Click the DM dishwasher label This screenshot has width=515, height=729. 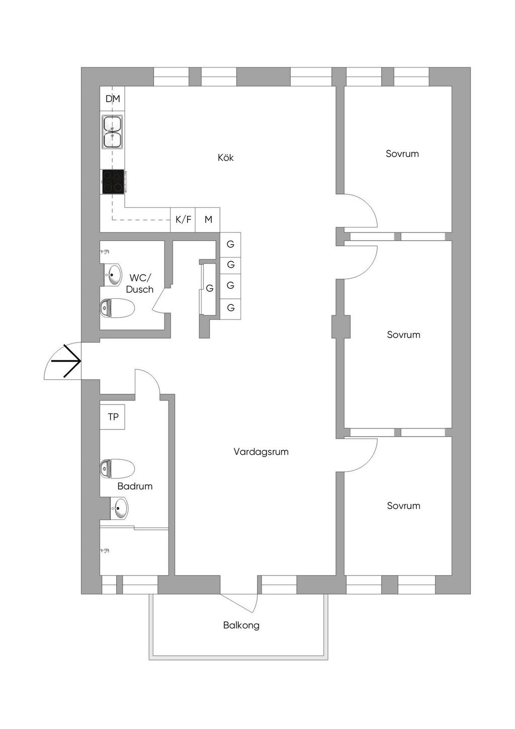pyautogui.click(x=113, y=99)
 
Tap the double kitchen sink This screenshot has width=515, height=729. pyautogui.click(x=113, y=132)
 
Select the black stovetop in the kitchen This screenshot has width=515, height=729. pyautogui.click(x=113, y=182)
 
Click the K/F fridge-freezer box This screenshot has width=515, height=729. pyautogui.click(x=183, y=220)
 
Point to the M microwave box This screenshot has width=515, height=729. pyautogui.click(x=208, y=220)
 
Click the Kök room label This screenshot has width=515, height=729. pyautogui.click(x=226, y=157)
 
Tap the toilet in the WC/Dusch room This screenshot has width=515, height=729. pyautogui.click(x=118, y=308)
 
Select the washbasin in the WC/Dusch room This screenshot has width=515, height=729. pyautogui.click(x=114, y=275)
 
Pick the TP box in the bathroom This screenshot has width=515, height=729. pyautogui.click(x=113, y=417)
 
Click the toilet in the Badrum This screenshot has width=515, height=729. pyautogui.click(x=117, y=468)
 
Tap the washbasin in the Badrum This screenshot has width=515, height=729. pyautogui.click(x=120, y=508)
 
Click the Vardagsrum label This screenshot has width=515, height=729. pyautogui.click(x=261, y=452)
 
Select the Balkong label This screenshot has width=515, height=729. pyautogui.click(x=241, y=625)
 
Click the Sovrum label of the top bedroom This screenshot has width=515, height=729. pyautogui.click(x=402, y=154)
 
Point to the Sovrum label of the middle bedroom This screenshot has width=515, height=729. pyautogui.click(x=403, y=335)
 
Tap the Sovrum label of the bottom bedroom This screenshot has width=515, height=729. pyautogui.click(x=403, y=506)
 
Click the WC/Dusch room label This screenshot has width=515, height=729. pyautogui.click(x=140, y=284)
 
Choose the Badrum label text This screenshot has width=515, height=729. pyautogui.click(x=135, y=486)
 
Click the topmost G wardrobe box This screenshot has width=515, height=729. pyautogui.click(x=230, y=245)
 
